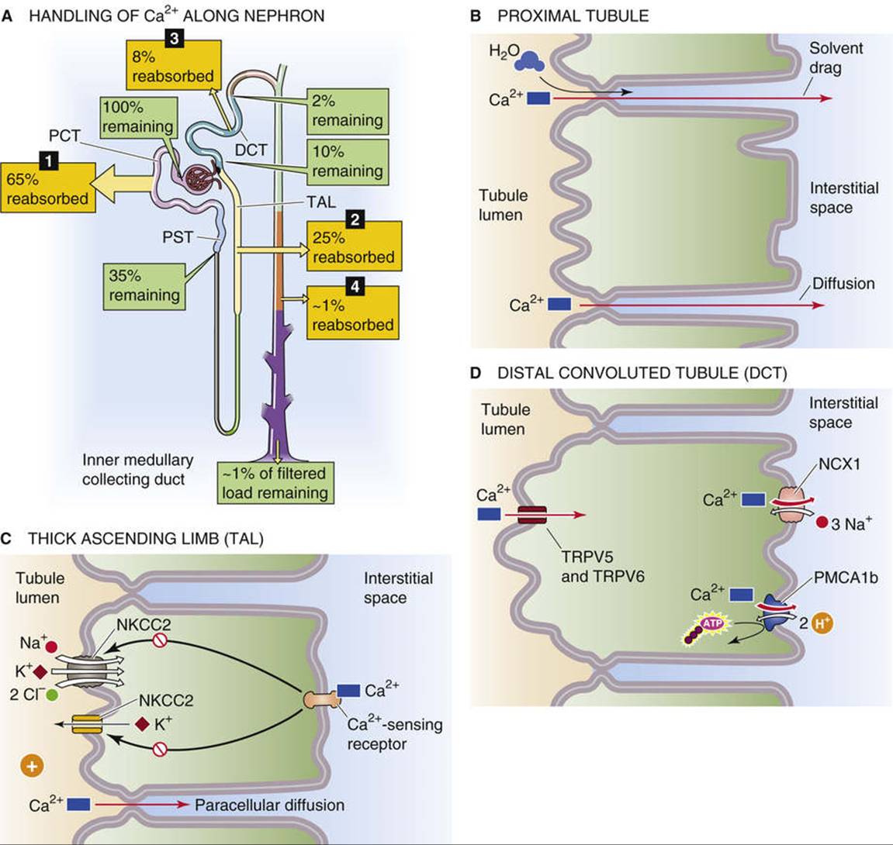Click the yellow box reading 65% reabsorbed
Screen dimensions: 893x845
[48, 188]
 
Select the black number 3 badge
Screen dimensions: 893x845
[175, 38]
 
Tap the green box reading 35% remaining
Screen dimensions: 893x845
[144, 286]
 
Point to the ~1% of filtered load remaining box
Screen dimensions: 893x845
[275, 483]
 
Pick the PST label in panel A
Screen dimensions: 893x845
[178, 236]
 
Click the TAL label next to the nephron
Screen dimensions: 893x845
[321, 202]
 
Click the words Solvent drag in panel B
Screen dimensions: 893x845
[836, 58]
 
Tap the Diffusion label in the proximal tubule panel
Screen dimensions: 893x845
[843, 284]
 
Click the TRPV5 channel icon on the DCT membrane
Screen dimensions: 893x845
[532, 515]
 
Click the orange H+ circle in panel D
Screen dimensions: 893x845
[821, 623]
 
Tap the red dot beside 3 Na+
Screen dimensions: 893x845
[822, 522]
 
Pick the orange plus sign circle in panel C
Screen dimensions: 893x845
[32, 766]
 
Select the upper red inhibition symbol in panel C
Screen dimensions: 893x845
[160, 640]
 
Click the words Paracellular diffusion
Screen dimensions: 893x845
[269, 805]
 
